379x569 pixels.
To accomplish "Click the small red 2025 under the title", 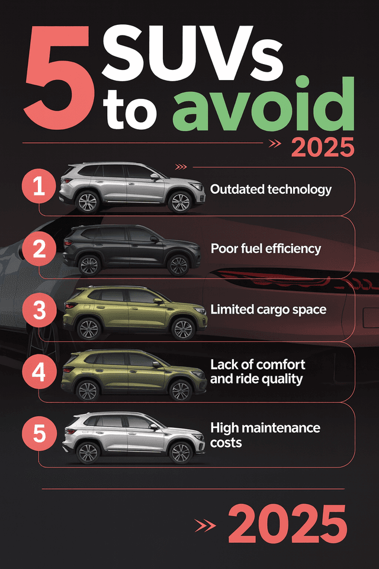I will pyautogui.click(x=323, y=146).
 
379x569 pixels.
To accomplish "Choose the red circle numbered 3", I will pyautogui.click(x=39, y=310).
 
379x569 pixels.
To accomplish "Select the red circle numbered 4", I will pyautogui.click(x=39, y=372).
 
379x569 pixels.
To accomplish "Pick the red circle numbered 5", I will pyautogui.click(x=39, y=433).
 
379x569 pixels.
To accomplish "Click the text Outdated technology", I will pyautogui.click(x=271, y=190).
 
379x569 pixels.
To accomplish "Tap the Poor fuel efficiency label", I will pyautogui.click(x=266, y=248).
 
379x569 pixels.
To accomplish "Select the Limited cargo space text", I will pyautogui.click(x=268, y=309).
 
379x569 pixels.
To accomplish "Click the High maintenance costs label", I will pyautogui.click(x=265, y=434).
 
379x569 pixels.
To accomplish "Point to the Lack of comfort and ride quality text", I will pyautogui.click(x=258, y=372).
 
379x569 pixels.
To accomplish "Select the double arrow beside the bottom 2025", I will pyautogui.click(x=205, y=525).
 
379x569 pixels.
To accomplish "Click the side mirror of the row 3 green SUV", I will pyautogui.click(x=158, y=301).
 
